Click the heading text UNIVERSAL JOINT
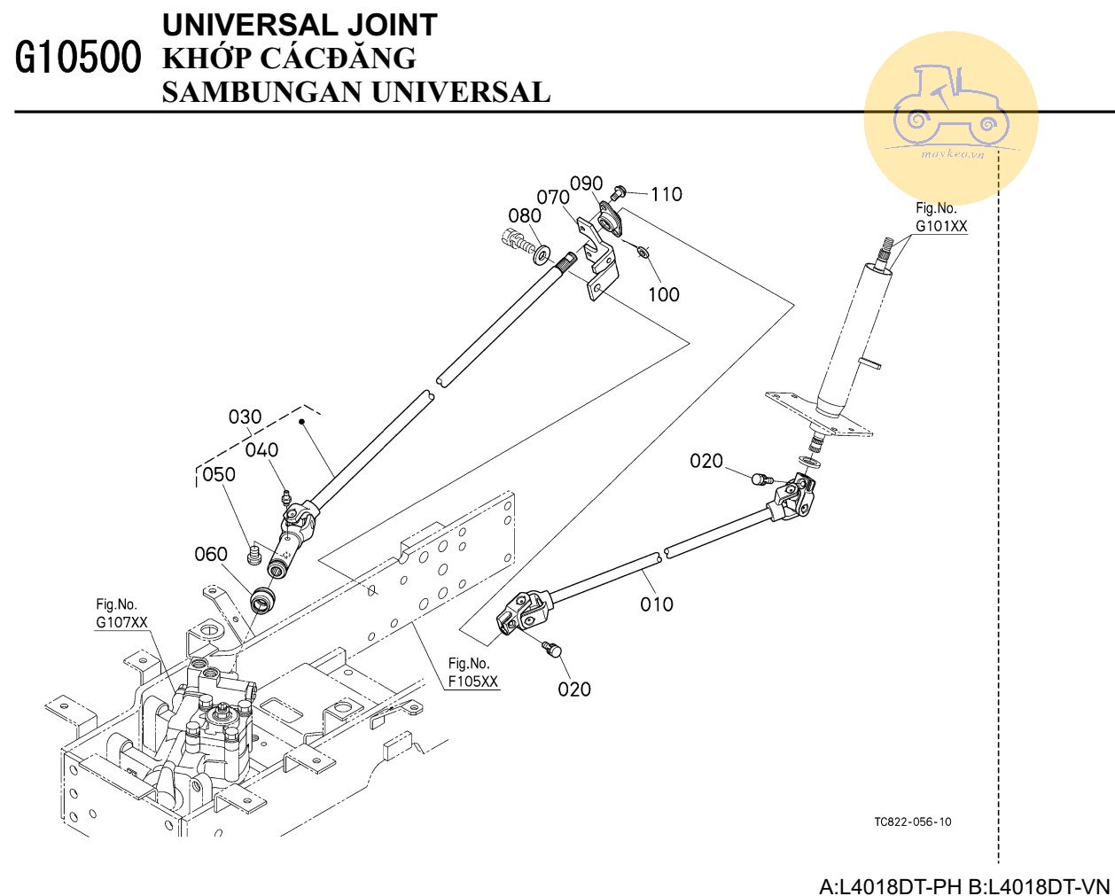(300, 25)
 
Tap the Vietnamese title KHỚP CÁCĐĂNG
(289, 58)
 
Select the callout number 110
(667, 194)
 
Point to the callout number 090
(586, 183)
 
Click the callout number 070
(552, 198)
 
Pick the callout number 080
(524, 215)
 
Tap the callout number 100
(664, 294)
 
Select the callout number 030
(245, 417)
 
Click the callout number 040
(261, 450)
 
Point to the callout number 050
(219, 474)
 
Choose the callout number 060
(211, 554)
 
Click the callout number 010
(657, 604)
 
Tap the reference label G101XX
(941, 226)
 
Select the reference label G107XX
(122, 622)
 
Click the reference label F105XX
(472, 682)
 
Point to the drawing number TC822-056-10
(913, 822)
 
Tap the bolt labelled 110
(620, 191)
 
